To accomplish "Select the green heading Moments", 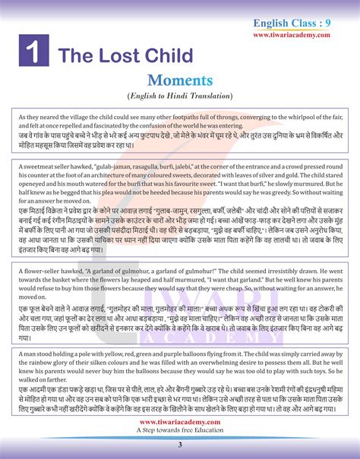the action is pyautogui.click(x=180, y=80).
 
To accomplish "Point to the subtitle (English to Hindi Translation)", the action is pyautogui.click(x=180, y=96).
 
